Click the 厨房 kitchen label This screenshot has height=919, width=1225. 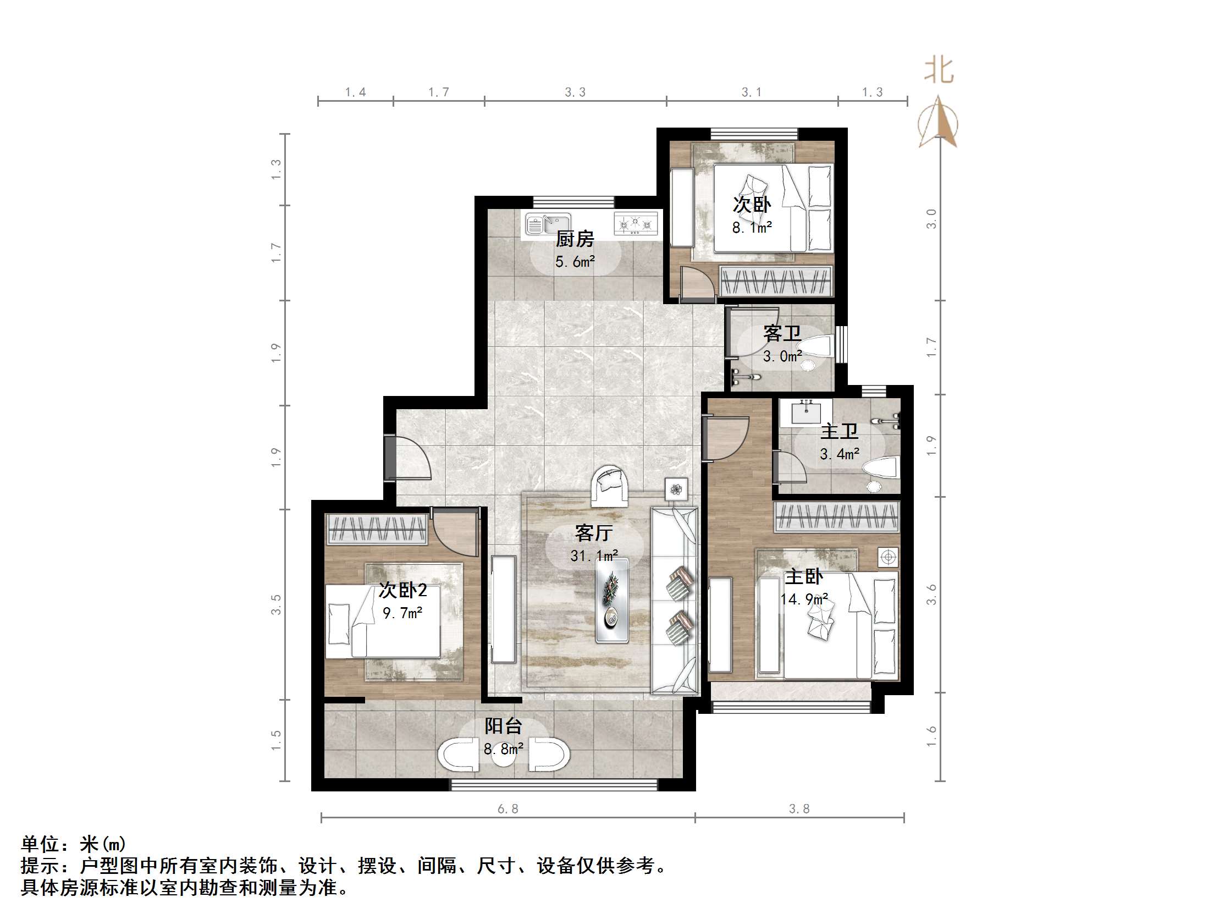(575, 239)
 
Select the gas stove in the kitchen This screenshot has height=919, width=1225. (636, 224)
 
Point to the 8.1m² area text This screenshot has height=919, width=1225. (752, 228)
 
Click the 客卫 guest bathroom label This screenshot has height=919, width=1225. (782, 333)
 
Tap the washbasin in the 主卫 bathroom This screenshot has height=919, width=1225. (806, 412)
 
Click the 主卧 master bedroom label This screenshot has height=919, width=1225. (803, 577)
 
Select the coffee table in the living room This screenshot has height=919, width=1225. (611, 601)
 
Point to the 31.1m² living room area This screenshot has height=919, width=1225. (594, 555)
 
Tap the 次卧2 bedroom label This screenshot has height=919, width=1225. (402, 590)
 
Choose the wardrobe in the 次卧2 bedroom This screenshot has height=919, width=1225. (377, 529)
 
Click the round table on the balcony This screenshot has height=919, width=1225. (504, 757)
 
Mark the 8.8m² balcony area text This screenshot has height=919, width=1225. (504, 750)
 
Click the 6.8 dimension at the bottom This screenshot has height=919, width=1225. (507, 809)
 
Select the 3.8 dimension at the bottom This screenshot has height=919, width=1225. (798, 809)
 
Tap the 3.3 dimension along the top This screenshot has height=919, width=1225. (575, 92)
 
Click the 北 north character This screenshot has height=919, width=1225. (939, 71)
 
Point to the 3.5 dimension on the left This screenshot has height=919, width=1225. (276, 604)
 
